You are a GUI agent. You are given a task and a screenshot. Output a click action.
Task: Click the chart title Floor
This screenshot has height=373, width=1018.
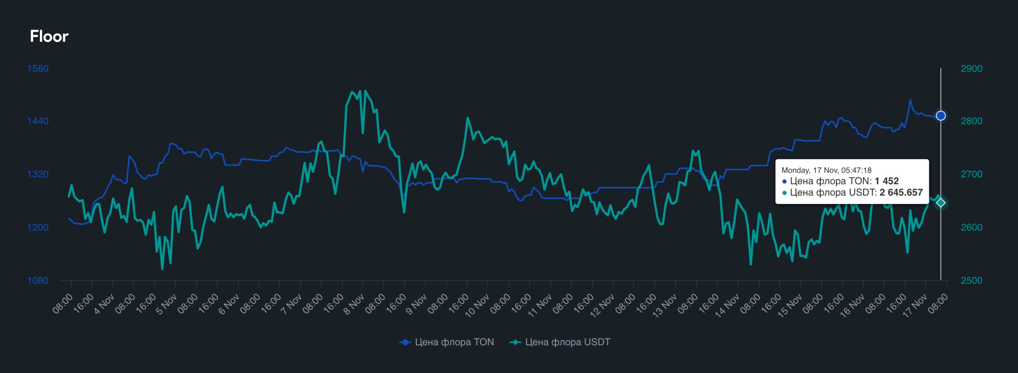[49, 36]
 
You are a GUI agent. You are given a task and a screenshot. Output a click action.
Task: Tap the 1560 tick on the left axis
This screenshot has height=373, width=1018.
[38, 68]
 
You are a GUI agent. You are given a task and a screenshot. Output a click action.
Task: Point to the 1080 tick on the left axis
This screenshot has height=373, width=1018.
[38, 280]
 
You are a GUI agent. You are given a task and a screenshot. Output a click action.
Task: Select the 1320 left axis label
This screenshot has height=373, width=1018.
[38, 174]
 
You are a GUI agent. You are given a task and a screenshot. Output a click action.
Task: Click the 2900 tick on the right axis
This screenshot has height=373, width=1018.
[971, 68]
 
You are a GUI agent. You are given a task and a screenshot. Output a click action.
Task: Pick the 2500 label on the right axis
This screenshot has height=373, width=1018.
[971, 280]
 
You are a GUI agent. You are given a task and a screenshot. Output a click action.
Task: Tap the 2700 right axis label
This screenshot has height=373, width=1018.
[971, 174]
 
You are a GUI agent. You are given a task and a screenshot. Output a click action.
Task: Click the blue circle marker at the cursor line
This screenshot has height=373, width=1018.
[941, 116]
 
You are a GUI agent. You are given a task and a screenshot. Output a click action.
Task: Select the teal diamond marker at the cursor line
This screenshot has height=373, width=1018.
[941, 203]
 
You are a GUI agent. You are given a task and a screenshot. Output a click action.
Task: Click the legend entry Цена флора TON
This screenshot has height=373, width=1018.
[447, 342]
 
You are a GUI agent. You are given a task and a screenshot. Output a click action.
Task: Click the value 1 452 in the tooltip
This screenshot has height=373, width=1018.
[886, 181]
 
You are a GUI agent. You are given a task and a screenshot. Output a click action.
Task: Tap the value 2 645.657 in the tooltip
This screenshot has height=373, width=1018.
[901, 192]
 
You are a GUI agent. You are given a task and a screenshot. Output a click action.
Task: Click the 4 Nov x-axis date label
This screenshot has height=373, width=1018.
[104, 304]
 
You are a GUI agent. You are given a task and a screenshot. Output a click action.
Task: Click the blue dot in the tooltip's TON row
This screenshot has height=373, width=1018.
[785, 181]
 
